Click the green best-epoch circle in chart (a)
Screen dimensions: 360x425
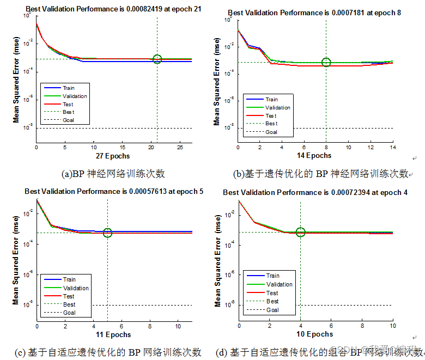(x=157, y=59)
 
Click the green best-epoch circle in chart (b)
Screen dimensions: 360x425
(x=326, y=62)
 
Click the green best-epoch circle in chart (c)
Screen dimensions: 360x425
(x=107, y=233)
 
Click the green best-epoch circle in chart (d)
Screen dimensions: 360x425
(x=300, y=233)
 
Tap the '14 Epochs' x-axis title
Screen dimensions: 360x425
(x=311, y=156)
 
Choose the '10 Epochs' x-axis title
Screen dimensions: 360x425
(x=315, y=334)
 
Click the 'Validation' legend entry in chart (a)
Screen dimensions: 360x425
(x=75, y=96)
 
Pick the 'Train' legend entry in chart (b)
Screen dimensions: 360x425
(x=271, y=100)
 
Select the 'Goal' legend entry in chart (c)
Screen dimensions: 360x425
(x=69, y=313)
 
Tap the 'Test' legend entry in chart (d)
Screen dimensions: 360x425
(x=272, y=293)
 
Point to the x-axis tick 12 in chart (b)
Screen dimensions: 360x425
(x=371, y=147)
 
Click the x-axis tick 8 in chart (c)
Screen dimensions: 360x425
(x=150, y=326)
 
